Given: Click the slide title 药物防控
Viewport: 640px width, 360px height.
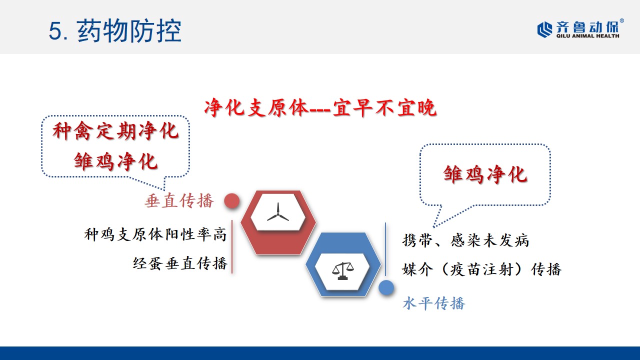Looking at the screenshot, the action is coord(129,31).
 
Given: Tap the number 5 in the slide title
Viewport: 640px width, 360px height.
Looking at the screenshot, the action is coord(54,31).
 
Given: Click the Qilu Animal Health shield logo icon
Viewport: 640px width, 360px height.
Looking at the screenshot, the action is coord(545,29).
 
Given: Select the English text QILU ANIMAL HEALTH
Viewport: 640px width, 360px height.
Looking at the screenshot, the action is coord(587,36).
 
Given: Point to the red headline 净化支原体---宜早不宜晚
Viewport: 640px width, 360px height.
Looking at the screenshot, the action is coord(320,107).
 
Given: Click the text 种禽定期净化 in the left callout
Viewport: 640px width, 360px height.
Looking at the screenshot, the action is coord(115,131).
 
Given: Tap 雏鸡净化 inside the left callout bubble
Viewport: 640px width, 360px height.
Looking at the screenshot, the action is coord(115,161).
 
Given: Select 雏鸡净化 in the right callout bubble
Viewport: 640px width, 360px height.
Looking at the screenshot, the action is coord(485,174).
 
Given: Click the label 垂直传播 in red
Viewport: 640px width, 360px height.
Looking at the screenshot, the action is coord(179,201).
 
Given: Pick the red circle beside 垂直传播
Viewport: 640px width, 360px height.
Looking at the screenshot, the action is coord(231,201).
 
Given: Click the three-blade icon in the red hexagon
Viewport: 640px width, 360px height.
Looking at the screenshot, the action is coord(278,212).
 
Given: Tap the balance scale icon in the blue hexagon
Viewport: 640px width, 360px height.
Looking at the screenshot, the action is coord(343,271).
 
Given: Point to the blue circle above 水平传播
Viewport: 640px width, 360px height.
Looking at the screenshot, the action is coord(386,287).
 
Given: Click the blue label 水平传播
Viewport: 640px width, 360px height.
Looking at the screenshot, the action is coord(433,303).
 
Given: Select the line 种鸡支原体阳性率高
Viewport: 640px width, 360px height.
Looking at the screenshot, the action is coord(155,234).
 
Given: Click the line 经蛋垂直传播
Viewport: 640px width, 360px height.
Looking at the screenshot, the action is coord(180,263).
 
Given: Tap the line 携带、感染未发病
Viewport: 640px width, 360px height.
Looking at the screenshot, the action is coord(465,240).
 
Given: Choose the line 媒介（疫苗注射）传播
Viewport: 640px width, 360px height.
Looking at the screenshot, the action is coord(481,269).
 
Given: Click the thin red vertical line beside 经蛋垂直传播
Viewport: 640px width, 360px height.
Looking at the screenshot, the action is coord(232,247).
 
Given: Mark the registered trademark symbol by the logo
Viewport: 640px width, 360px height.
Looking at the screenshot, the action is coord(622,21).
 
